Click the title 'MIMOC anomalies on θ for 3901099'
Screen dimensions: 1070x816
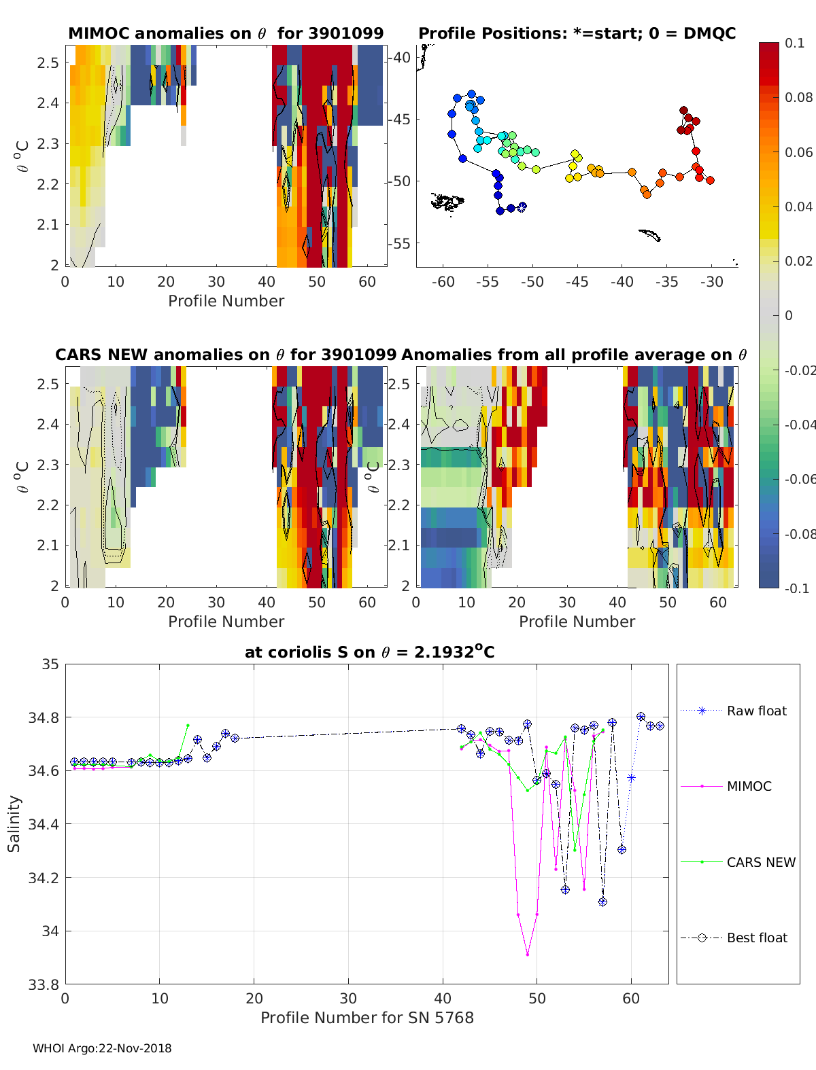pyautogui.click(x=226, y=33)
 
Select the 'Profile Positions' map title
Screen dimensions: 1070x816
pyautogui.click(x=577, y=33)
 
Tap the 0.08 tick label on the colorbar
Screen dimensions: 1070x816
pyautogui.click(x=798, y=97)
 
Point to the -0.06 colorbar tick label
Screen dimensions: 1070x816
pyautogui.click(x=798, y=479)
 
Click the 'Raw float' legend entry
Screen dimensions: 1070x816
pyautogui.click(x=756, y=711)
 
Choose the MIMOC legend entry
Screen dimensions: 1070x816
pyautogui.click(x=749, y=786)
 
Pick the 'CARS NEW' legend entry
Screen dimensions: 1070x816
pyautogui.click(x=760, y=862)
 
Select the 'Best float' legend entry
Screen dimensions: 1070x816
pyautogui.click(x=756, y=938)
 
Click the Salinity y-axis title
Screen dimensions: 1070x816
pyautogui.click(x=14, y=823)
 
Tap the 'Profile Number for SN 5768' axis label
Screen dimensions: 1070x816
pyautogui.click(x=367, y=1018)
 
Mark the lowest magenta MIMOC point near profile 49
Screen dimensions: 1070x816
pyautogui.click(x=528, y=954)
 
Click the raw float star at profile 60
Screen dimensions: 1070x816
pyautogui.click(x=631, y=778)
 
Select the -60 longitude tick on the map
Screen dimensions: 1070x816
pyautogui.click(x=443, y=282)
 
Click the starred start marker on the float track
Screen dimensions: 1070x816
pyautogui.click(x=522, y=207)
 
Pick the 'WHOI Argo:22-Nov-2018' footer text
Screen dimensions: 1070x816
pyautogui.click(x=102, y=1048)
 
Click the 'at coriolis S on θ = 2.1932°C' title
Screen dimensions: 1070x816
pyautogui.click(x=369, y=652)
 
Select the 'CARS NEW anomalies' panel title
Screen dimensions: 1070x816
pyautogui.click(x=226, y=355)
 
